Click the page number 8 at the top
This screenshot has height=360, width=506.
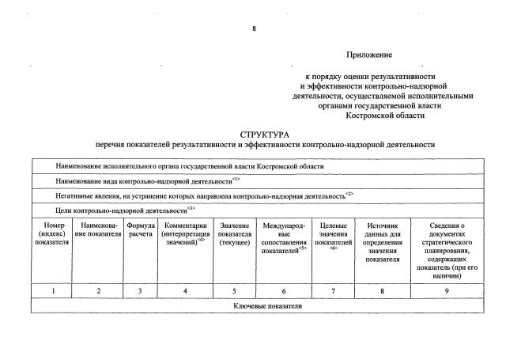[x=254, y=28]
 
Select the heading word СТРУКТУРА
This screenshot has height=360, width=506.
[x=265, y=135]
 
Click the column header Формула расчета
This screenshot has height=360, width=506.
[x=140, y=233]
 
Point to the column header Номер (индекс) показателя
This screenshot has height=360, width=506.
[x=52, y=233]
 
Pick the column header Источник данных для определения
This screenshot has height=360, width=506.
[x=383, y=242]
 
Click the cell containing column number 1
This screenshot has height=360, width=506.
[x=52, y=291]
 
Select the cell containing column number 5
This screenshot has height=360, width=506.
[x=234, y=291]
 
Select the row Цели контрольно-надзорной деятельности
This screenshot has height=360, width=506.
[x=126, y=209]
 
